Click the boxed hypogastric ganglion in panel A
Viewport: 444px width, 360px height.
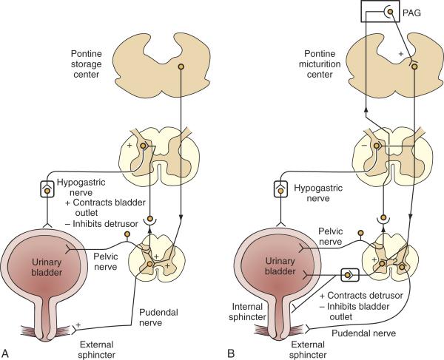pos(47,191)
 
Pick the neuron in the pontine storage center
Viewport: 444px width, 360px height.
pos(181,65)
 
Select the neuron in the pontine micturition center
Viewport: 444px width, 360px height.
pos(414,67)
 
